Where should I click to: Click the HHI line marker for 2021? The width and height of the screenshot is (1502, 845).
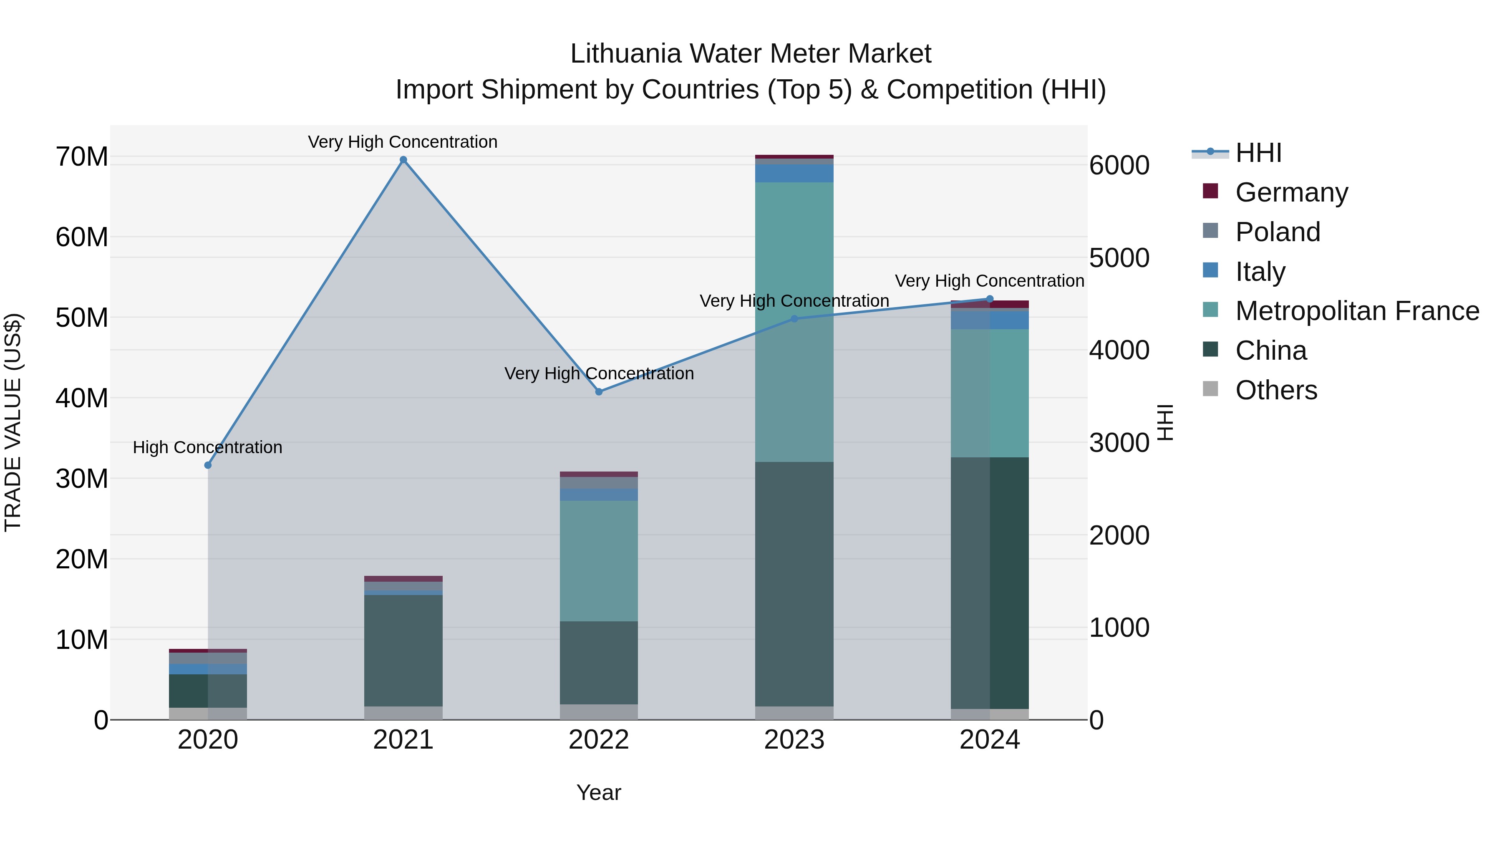tap(403, 160)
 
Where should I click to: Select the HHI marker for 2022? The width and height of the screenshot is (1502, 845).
tap(599, 392)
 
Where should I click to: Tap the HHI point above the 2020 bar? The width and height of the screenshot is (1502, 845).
tap(208, 465)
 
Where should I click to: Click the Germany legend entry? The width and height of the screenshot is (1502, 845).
tap(1291, 192)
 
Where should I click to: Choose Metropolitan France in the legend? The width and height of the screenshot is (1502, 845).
tap(1357, 311)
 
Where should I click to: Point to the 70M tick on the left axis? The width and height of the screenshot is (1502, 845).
tap(82, 157)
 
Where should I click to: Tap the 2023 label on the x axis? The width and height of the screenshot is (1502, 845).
tap(794, 740)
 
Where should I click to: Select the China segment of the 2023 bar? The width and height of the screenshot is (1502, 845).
tap(794, 583)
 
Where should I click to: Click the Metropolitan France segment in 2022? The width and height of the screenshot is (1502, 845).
tap(599, 560)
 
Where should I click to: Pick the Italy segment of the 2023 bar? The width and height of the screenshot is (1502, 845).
tap(794, 173)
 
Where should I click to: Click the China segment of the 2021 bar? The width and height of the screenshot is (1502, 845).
tap(403, 650)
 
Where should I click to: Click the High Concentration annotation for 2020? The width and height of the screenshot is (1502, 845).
tap(208, 447)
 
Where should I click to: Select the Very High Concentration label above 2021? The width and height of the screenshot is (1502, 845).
tap(403, 142)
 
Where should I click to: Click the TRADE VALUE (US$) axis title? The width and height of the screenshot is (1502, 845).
tap(13, 422)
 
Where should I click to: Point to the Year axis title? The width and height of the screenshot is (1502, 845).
tap(599, 792)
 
